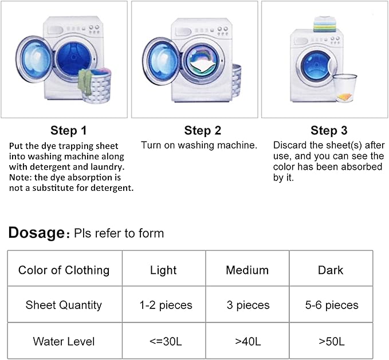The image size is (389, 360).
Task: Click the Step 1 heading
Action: (x=69, y=130)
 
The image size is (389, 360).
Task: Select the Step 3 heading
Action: (x=329, y=130)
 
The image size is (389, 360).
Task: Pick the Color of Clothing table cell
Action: (x=64, y=270)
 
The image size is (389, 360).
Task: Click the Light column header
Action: (x=163, y=270)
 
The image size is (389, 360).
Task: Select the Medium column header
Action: (x=247, y=270)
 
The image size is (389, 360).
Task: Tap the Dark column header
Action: (x=331, y=270)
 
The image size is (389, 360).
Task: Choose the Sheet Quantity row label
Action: (x=64, y=305)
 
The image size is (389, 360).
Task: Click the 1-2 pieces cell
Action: (x=166, y=305)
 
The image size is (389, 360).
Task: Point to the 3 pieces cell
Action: (x=247, y=305)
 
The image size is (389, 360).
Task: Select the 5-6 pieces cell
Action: (x=332, y=305)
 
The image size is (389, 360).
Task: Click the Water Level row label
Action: (x=64, y=341)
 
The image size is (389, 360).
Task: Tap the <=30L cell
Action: (x=163, y=341)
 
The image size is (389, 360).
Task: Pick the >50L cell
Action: (x=331, y=341)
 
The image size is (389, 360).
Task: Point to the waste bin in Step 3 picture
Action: (x=344, y=88)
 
